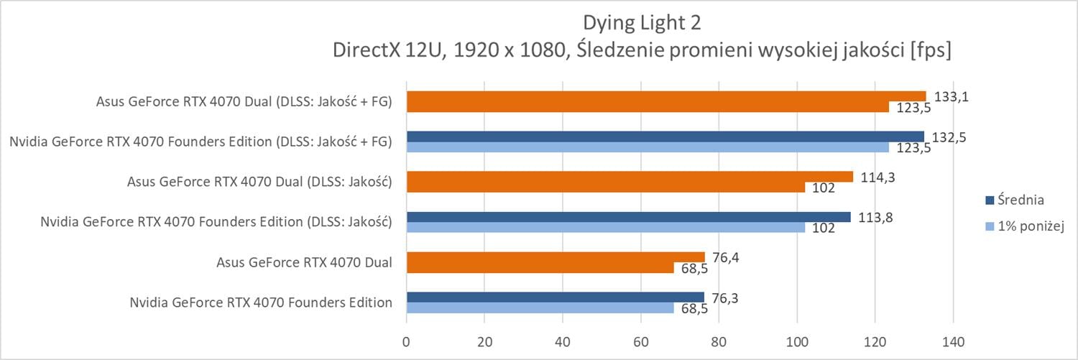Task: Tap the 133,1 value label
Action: click(947, 96)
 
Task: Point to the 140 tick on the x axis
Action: click(953, 340)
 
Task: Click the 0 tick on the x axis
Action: click(407, 340)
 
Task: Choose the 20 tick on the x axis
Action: click(484, 340)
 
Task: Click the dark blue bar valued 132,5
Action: click(665, 137)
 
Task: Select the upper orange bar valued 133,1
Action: click(666, 96)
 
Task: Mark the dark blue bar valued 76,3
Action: click(555, 297)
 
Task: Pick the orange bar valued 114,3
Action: click(630, 177)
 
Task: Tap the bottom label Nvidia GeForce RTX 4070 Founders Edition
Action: click(261, 302)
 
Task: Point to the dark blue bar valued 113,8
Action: click(628, 217)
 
